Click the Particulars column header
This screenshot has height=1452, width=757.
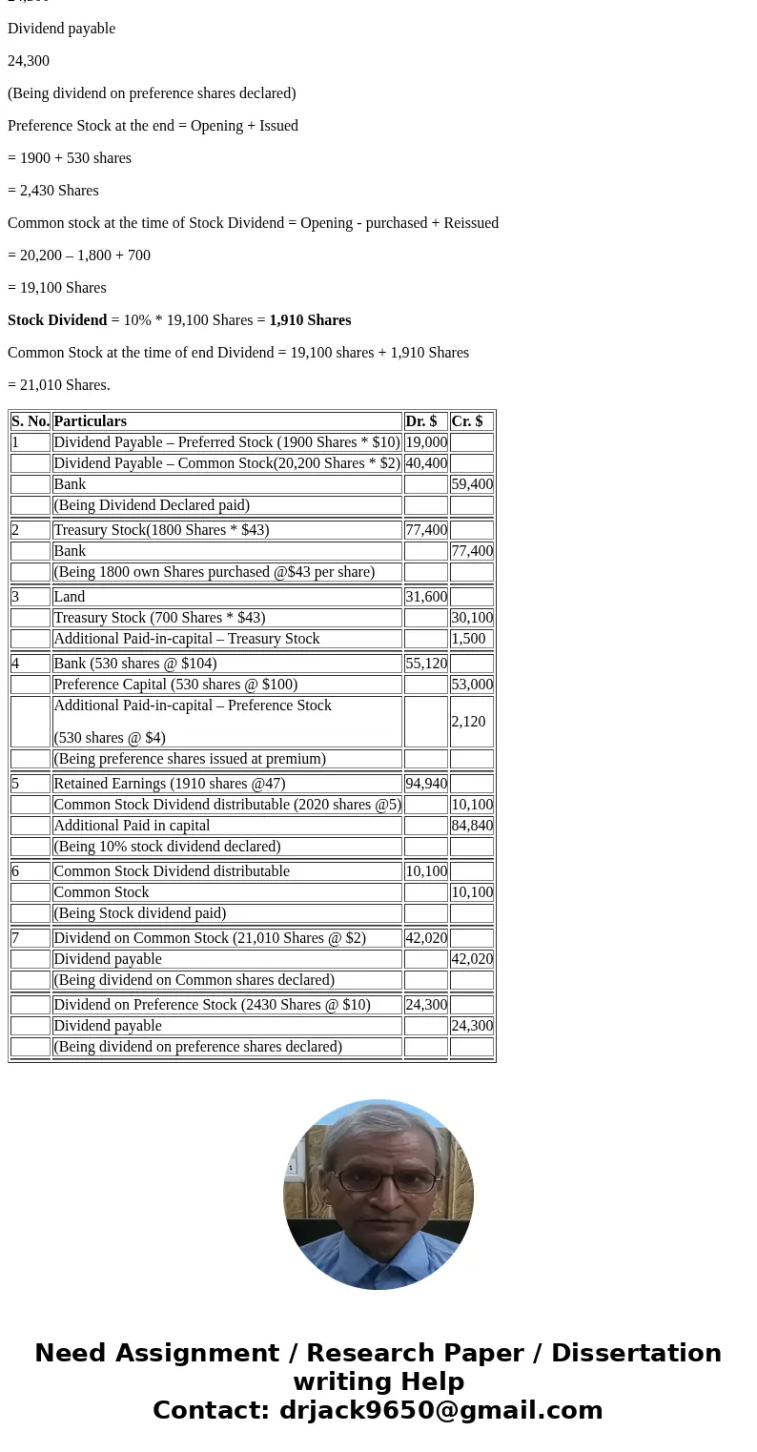(x=91, y=421)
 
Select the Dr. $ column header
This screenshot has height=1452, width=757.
(x=421, y=421)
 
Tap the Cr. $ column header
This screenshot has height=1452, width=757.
(x=467, y=421)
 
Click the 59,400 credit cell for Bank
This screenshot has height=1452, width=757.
(x=472, y=484)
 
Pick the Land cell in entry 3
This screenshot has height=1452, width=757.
(x=70, y=597)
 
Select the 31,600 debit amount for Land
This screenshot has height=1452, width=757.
(x=426, y=597)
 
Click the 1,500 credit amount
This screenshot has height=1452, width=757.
(x=469, y=639)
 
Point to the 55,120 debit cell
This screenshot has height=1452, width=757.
(x=426, y=664)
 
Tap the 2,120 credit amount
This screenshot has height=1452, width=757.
(x=469, y=722)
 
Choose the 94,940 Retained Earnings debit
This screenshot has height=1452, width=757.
(x=426, y=784)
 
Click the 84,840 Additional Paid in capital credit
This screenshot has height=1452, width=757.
(x=472, y=826)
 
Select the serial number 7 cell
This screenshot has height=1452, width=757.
(x=16, y=938)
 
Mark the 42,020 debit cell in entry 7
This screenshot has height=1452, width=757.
(x=426, y=938)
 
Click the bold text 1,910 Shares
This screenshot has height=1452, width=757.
(x=310, y=320)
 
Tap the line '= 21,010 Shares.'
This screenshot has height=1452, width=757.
(x=59, y=385)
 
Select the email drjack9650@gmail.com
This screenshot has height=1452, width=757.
(x=440, y=1411)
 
